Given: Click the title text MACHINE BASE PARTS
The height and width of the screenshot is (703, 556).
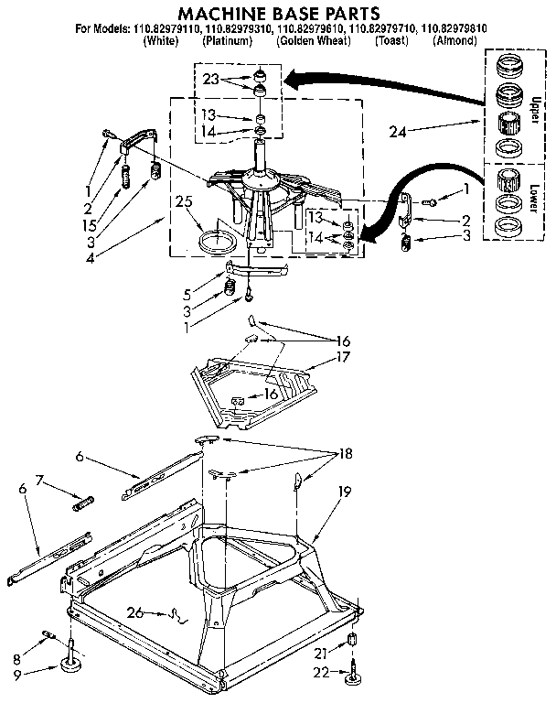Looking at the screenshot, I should pos(277,14).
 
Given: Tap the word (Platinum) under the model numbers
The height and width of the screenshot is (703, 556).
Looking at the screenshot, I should pos(229,42).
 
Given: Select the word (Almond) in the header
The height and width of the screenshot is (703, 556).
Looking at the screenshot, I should pos(454,42).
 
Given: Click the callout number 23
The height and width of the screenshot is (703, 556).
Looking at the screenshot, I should pos(211,79).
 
